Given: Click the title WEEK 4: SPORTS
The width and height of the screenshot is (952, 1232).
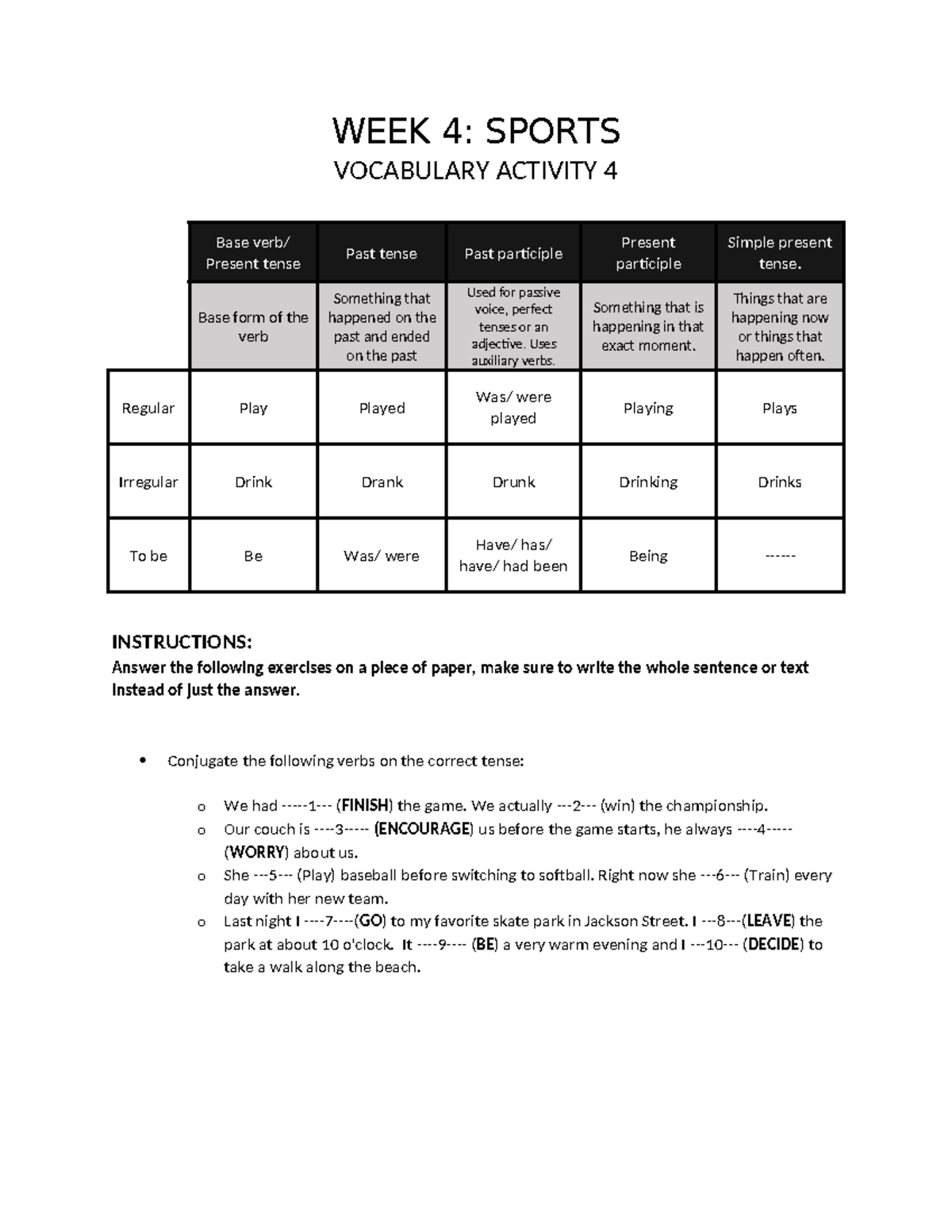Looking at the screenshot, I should point(475,131).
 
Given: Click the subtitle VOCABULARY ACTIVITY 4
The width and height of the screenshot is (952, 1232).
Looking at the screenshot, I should point(475,171).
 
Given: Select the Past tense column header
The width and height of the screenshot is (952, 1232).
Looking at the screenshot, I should point(381,254).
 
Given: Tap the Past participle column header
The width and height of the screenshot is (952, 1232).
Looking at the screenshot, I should point(513,254).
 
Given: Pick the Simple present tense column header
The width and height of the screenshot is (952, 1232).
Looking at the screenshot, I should point(779,253).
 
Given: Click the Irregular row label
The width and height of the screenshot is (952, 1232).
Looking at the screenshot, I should point(148,482).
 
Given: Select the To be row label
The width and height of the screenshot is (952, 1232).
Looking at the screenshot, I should point(148,556).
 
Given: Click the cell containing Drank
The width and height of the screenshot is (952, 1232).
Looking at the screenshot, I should point(382,482).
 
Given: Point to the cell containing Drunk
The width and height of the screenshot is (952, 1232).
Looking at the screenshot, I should point(513,482).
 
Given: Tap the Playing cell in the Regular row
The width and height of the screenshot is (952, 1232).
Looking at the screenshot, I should point(648,409).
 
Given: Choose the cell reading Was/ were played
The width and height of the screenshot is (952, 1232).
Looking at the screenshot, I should point(513,408).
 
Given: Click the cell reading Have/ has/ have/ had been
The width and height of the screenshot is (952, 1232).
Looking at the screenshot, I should point(513,555).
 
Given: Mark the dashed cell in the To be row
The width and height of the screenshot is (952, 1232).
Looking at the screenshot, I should point(779,556).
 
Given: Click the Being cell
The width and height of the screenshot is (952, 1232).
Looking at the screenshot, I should point(648,556).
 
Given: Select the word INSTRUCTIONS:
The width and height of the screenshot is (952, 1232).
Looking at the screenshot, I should point(182,642).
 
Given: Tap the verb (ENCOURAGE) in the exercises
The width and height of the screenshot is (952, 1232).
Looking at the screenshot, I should point(424,829).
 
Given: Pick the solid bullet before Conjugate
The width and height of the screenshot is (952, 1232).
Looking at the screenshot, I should point(143,761).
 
